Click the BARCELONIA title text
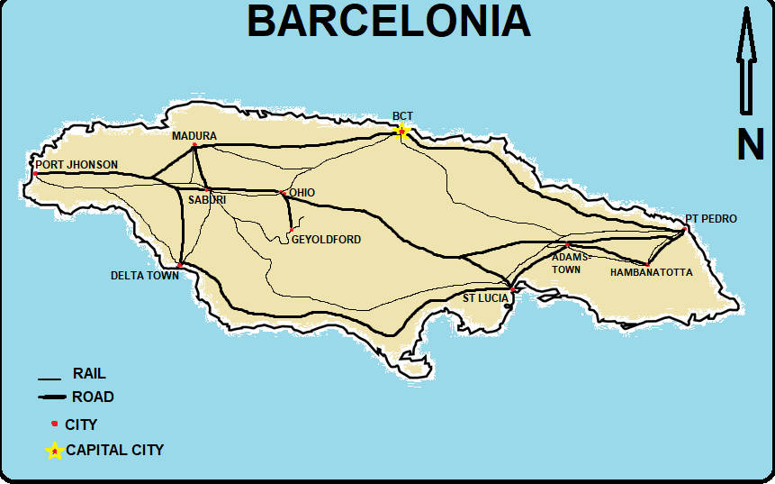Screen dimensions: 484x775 (389, 22)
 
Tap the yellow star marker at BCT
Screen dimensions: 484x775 (401, 132)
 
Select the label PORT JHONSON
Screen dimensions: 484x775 (77, 165)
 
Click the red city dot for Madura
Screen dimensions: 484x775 (194, 145)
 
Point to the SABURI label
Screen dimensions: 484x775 (207, 199)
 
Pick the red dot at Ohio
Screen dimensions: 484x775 (282, 193)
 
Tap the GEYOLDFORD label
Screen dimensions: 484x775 (326, 240)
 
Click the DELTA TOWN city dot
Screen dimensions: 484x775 (181, 265)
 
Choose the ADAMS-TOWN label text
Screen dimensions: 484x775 (572, 263)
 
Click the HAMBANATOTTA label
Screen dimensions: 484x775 (651, 272)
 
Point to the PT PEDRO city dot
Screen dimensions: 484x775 (684, 229)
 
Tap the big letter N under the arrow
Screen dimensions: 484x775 (750, 144)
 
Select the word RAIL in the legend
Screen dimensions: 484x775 (89, 373)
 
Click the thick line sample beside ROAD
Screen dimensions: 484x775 (52, 397)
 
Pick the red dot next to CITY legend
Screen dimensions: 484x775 (54, 423)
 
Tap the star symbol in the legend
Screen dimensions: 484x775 (54, 450)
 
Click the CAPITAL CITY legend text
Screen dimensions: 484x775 (114, 450)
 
